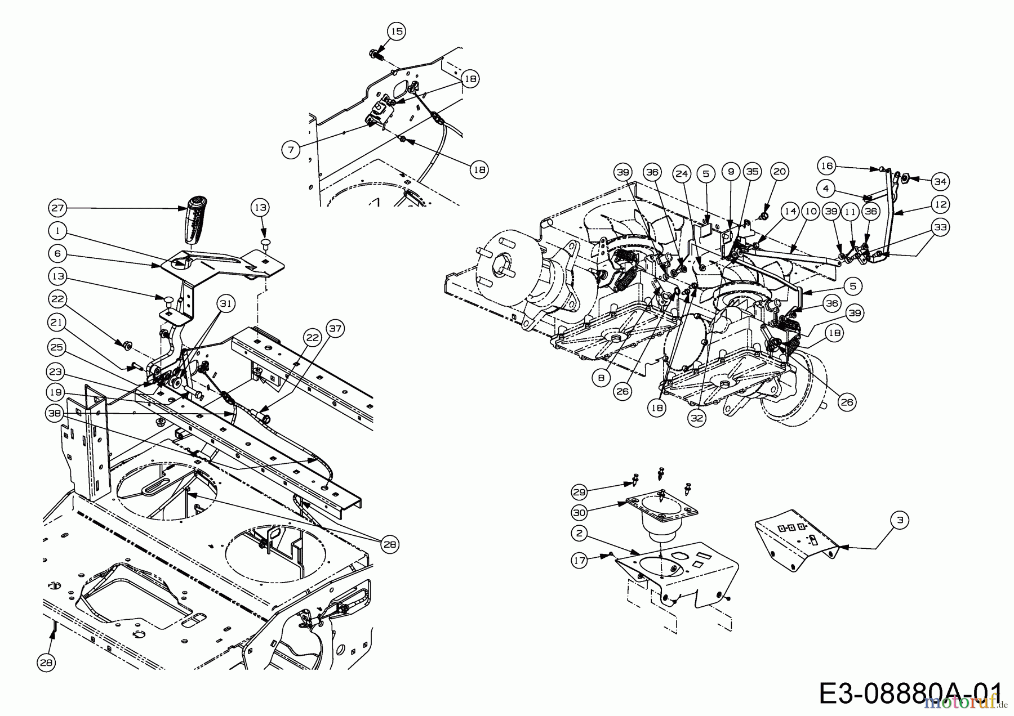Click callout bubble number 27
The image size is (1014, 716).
coord(58,208)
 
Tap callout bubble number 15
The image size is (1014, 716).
coord(397,32)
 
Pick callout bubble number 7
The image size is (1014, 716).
coord(291,149)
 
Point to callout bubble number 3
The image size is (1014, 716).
coord(900,520)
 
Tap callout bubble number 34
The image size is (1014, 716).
coord(940,181)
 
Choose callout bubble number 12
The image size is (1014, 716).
coord(940,204)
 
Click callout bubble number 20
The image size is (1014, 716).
coord(779,172)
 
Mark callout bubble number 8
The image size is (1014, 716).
coord(601,378)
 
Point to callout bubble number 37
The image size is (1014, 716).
coord(335,328)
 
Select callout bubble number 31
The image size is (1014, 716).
coord(225,304)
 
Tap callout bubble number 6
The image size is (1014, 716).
coord(58,254)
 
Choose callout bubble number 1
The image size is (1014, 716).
coord(58,231)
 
